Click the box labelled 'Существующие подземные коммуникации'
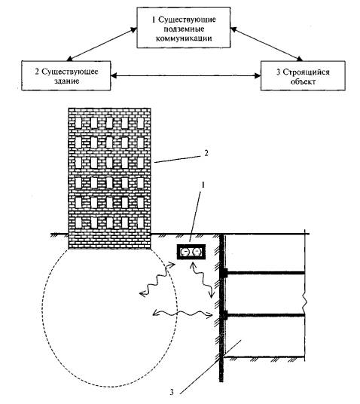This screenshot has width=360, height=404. (183, 28)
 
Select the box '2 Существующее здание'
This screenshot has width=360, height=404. (66, 75)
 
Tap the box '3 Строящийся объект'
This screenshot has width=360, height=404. (303, 75)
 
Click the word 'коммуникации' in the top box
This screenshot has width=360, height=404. (184, 38)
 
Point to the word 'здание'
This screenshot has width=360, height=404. (67, 81)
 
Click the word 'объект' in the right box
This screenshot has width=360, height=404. (303, 81)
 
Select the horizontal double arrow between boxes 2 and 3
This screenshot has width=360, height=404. (186, 75)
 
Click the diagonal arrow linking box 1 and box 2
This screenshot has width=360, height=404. (102, 44)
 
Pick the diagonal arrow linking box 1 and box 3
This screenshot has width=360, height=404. (267, 44)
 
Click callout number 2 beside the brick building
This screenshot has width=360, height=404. (206, 153)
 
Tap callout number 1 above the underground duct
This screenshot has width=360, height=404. (203, 185)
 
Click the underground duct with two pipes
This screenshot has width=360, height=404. (191, 252)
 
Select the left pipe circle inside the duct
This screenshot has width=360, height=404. (185, 252)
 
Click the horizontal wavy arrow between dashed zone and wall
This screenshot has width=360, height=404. (182, 314)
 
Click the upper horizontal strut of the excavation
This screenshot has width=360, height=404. (264, 273)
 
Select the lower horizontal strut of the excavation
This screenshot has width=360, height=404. (264, 315)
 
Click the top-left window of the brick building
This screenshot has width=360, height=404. (78, 123)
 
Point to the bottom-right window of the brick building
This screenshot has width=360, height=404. (140, 223)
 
